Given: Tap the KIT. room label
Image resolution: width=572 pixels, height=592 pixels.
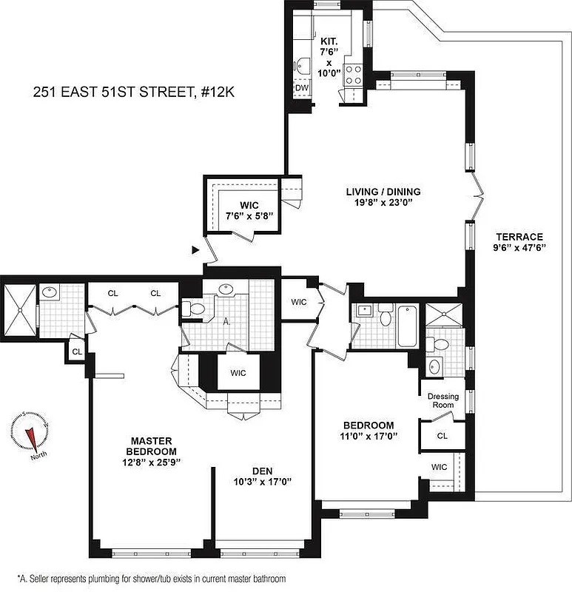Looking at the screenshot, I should [x=328, y=41].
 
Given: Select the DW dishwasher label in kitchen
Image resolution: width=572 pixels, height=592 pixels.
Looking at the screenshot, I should [x=302, y=88].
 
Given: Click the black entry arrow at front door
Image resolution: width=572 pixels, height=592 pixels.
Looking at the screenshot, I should [x=195, y=251].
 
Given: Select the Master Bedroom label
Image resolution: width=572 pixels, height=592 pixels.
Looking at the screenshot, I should [x=150, y=446].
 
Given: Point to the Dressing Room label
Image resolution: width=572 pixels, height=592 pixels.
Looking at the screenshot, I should [x=443, y=401].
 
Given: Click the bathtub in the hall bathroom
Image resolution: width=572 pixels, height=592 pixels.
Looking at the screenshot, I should [x=408, y=326].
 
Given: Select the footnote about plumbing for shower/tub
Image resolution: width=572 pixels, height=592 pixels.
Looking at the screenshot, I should [x=151, y=578].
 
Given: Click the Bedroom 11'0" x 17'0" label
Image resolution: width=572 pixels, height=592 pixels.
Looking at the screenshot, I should [x=369, y=431].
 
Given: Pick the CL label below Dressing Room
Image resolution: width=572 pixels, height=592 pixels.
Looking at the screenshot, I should [x=442, y=437].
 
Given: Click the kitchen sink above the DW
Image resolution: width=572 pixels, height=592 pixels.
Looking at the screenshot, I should [x=301, y=64].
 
